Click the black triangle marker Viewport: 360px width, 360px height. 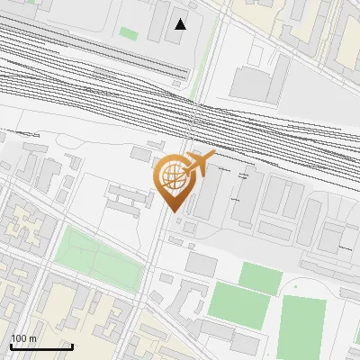point(181,24)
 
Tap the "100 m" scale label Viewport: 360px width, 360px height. point(23,338)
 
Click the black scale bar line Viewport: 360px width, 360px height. point(40,346)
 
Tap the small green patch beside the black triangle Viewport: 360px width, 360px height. point(130,33)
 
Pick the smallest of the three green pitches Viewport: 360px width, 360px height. point(259,277)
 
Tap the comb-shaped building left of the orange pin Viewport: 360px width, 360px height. point(127,196)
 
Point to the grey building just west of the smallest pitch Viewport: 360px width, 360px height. point(202,265)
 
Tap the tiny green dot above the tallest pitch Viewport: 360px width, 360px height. point(292,285)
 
